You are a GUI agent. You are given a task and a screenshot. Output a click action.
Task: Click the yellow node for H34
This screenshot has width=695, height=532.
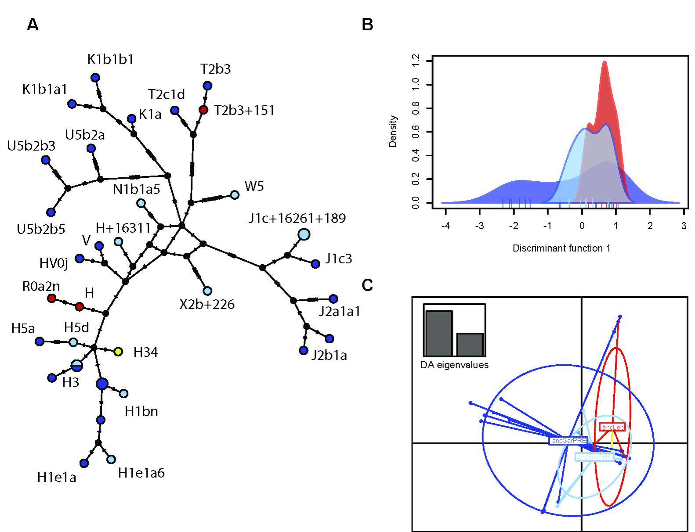pyautogui.click(x=118, y=351)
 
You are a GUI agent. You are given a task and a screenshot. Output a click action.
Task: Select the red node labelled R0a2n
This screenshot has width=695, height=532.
pyautogui.click(x=51, y=298)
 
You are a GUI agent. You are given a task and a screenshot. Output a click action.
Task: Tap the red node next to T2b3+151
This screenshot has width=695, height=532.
pyautogui.click(x=203, y=110)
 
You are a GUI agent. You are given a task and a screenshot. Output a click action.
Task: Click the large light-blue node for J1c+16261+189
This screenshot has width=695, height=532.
pyautogui.click(x=304, y=234)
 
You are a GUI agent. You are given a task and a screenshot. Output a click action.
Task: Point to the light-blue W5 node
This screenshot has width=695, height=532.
pyautogui.click(x=235, y=194)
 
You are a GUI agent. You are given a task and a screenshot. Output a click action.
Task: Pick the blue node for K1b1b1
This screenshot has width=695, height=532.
pyautogui.click(x=94, y=78)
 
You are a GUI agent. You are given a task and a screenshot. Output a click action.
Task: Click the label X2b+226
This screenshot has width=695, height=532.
pyautogui.click(x=206, y=304)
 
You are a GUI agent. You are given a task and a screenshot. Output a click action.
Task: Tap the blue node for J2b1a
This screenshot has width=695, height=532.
pyautogui.click(x=303, y=350)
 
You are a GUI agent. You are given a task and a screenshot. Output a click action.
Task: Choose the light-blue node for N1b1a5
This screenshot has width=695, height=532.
pyautogui.click(x=141, y=203)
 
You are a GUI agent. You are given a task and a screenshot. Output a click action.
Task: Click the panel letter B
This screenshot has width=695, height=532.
pyautogui.click(x=367, y=25)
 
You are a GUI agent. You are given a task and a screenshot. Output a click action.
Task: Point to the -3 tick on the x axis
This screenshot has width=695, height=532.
pyautogui.click(x=480, y=226)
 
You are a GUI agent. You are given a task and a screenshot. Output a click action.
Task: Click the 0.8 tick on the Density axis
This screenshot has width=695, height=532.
pyautogui.click(x=415, y=108)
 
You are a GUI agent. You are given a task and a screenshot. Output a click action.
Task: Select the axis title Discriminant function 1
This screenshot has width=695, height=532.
pyautogui.click(x=561, y=248)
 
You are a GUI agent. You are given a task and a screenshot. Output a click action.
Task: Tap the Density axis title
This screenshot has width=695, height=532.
pyautogui.click(x=393, y=131)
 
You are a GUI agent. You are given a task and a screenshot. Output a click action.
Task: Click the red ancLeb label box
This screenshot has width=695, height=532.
pyautogui.click(x=612, y=427)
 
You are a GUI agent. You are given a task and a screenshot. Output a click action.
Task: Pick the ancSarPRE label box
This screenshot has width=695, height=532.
pyautogui.click(x=568, y=440)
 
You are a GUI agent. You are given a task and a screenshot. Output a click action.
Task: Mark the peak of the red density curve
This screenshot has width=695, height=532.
pyautogui.click(x=605, y=61)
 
